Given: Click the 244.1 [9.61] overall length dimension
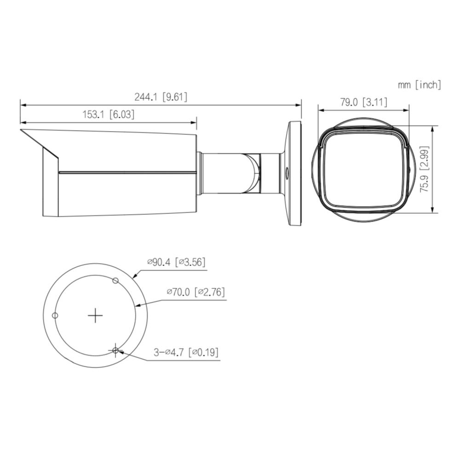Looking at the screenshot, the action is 161,97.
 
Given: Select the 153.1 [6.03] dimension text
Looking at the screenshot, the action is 109,114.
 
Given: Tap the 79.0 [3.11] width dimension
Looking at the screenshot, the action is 363,102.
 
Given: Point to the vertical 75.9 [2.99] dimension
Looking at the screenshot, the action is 425,169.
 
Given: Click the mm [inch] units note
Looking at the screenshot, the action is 420,85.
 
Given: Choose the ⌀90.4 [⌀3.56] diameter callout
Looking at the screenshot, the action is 176,262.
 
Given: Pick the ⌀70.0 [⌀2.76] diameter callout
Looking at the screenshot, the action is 195,292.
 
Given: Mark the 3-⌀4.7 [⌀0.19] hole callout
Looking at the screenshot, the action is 186,352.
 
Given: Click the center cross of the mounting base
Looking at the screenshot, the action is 95,316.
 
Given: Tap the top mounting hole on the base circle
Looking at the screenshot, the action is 115,281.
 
